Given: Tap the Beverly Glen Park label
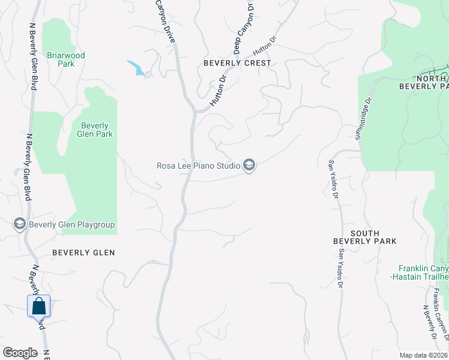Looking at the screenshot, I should pyautogui.click(x=95, y=130).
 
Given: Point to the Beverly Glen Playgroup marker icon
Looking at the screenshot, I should pyautogui.click(x=19, y=224).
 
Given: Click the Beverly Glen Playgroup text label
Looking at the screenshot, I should pyautogui.click(x=71, y=225).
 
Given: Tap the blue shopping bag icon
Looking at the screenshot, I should pyautogui.click(x=39, y=306).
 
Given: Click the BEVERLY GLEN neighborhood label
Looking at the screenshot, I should pyautogui.click(x=83, y=253).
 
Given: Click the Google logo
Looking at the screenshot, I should pyautogui.click(x=20, y=353).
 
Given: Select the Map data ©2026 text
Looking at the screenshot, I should pyautogui.click(x=423, y=355).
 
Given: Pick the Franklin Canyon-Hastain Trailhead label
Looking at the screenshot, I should pyautogui.click(x=424, y=272).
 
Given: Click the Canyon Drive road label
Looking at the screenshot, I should pyautogui.click(x=165, y=18).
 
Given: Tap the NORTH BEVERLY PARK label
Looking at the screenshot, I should pyautogui.click(x=424, y=82).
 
